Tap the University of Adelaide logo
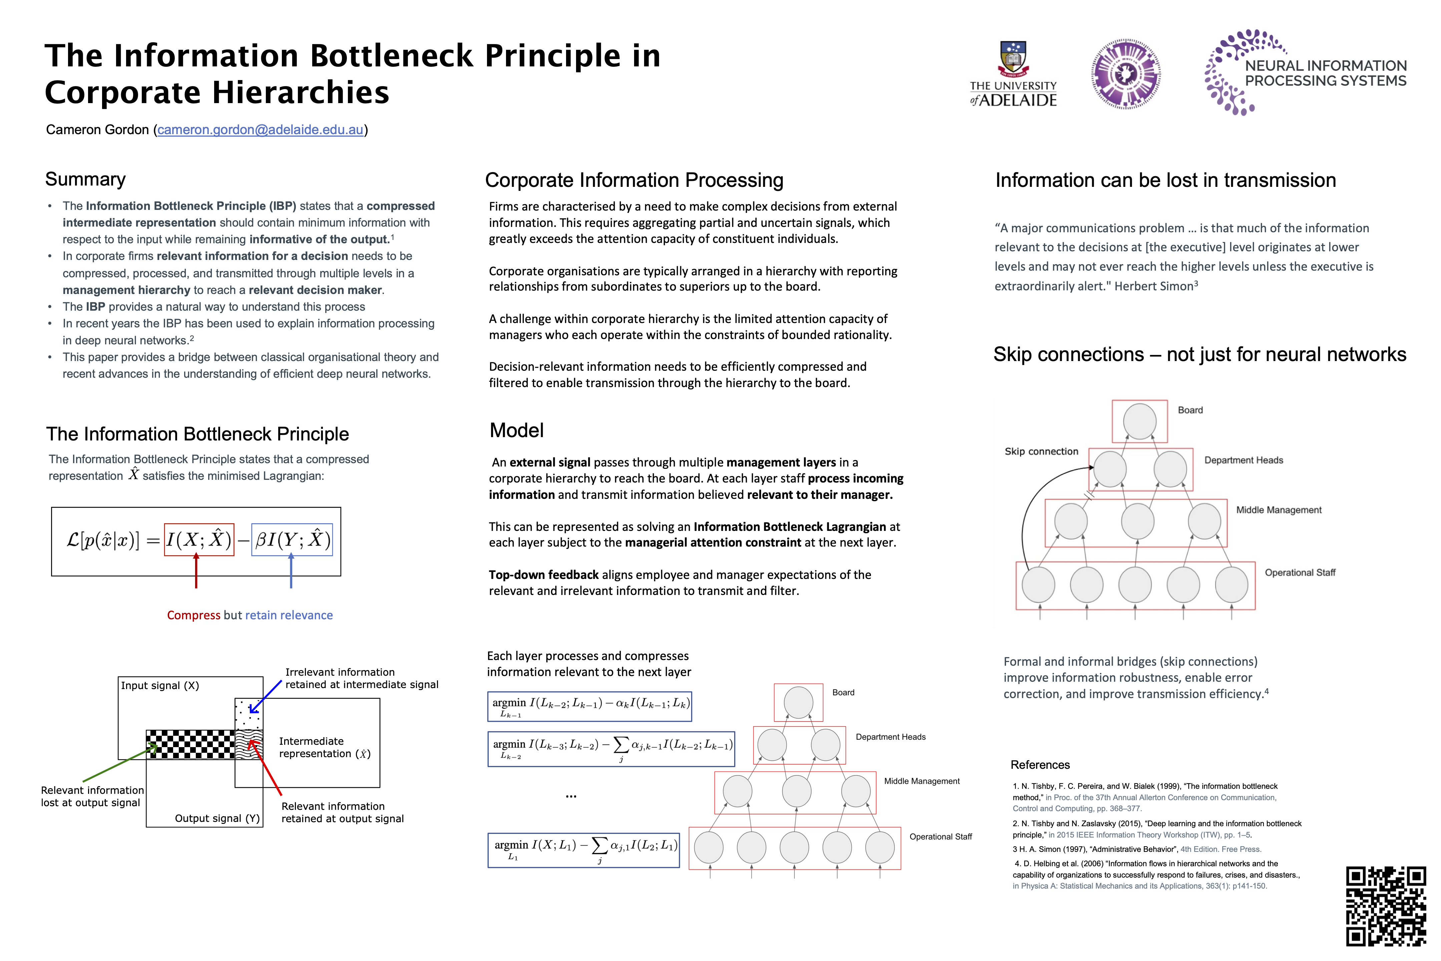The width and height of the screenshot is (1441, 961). click(x=1013, y=75)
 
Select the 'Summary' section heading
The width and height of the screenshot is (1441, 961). click(x=85, y=179)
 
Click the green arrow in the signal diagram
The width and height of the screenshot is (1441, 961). click(x=116, y=763)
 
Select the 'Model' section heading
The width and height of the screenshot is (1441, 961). click(x=516, y=430)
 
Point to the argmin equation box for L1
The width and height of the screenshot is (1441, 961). click(x=584, y=850)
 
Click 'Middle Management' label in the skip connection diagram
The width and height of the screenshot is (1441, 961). click(x=1279, y=510)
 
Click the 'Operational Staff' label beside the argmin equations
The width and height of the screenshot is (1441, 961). click(x=940, y=837)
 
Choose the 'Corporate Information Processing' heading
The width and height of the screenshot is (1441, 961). click(x=634, y=180)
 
